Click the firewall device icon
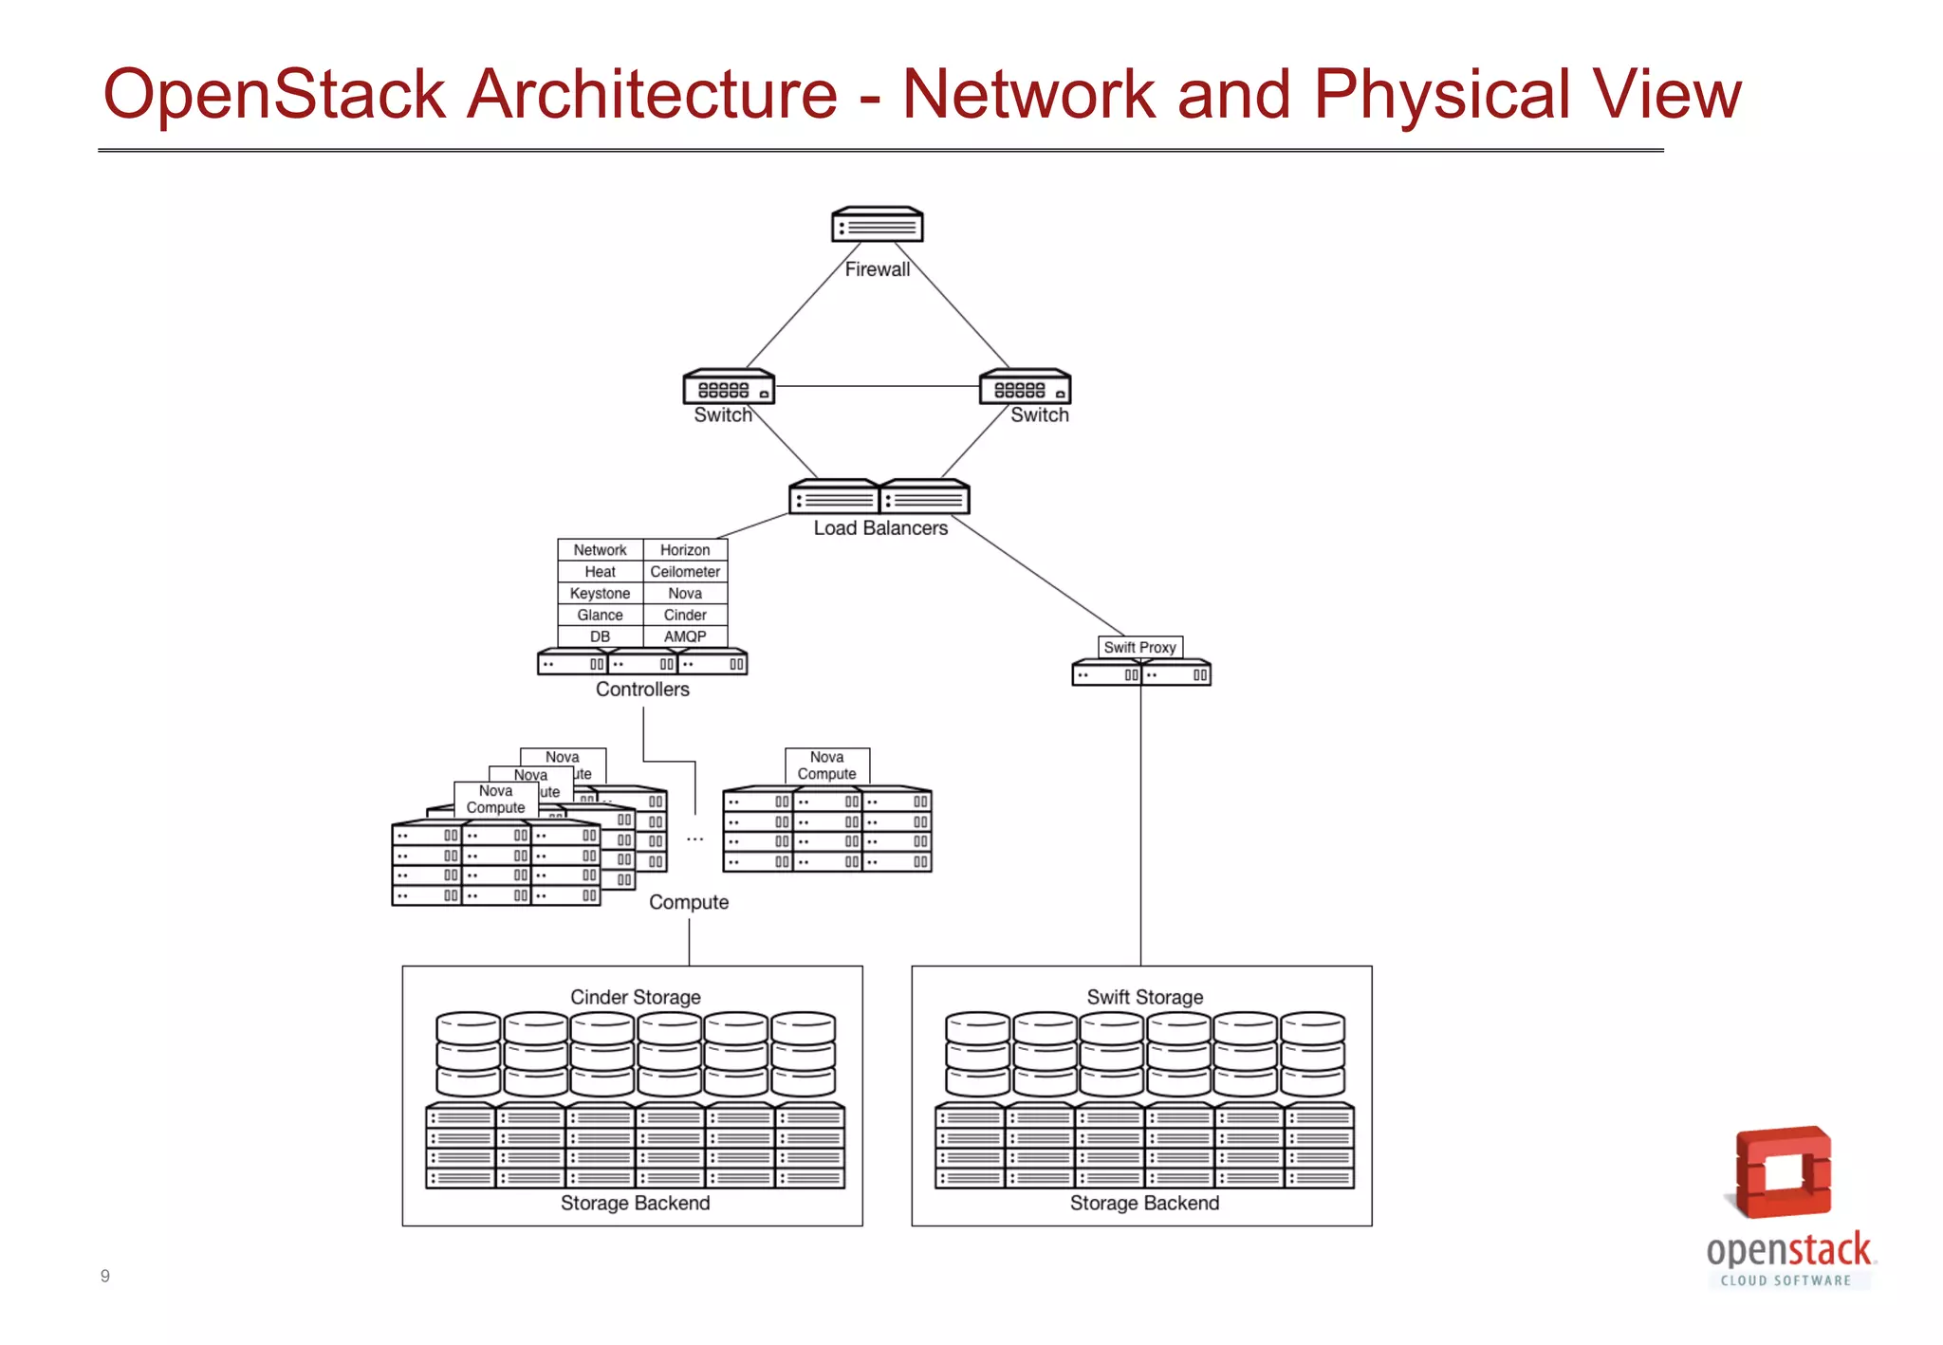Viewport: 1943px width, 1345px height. (877, 225)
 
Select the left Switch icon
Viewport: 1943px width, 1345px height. (729, 387)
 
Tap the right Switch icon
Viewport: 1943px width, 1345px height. (1025, 387)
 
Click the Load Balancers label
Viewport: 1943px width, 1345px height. (880, 528)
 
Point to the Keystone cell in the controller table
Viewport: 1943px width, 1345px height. (600, 594)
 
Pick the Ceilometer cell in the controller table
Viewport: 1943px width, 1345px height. (685, 572)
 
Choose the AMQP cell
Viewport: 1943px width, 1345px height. (685, 636)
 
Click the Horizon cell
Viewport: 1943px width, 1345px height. (685, 550)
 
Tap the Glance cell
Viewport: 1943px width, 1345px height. (600, 616)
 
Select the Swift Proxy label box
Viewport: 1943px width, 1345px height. (1139, 647)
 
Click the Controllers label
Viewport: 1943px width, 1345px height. (642, 690)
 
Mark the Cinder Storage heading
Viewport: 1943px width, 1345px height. (635, 997)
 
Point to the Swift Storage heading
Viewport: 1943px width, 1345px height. (1144, 997)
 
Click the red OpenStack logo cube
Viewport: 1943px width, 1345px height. (1783, 1172)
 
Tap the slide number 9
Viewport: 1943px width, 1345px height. (105, 1276)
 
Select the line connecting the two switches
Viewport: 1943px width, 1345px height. (877, 386)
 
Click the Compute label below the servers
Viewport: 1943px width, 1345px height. (689, 902)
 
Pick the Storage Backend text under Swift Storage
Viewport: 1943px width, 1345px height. (1144, 1203)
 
